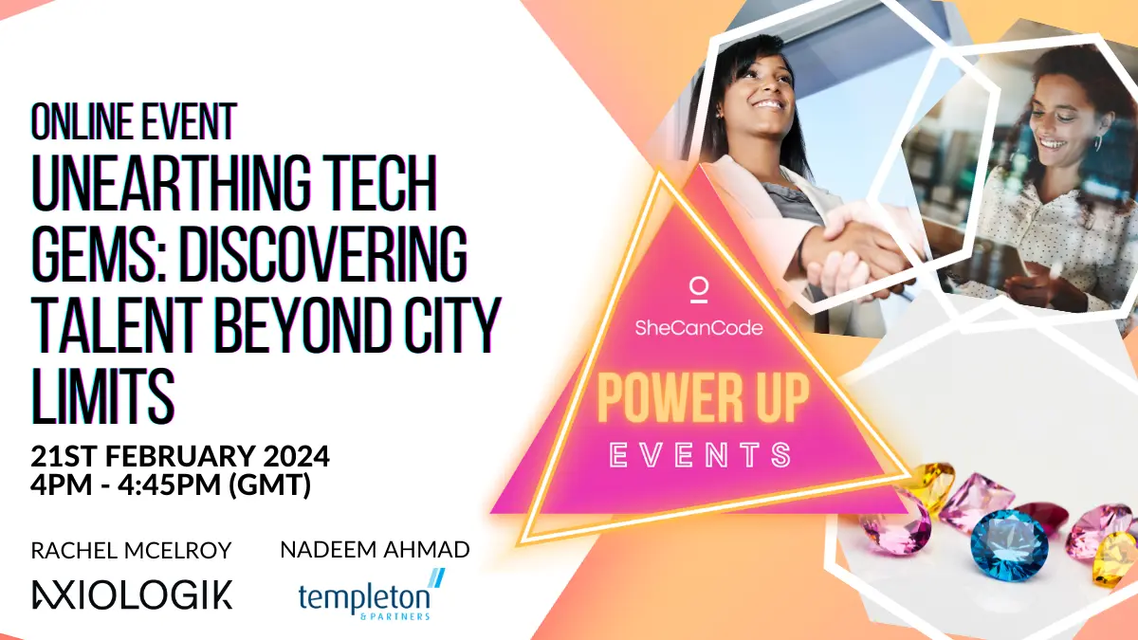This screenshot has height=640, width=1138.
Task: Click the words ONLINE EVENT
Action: [134, 121]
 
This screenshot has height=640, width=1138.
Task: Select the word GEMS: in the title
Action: [100, 253]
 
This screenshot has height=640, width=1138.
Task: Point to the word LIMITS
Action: [103, 395]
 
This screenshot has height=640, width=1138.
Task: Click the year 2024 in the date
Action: [296, 456]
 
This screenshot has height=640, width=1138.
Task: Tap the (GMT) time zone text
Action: [269, 485]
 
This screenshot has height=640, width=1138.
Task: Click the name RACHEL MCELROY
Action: [131, 550]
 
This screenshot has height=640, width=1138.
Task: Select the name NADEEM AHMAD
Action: [375, 550]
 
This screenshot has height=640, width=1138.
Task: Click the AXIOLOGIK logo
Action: [132, 594]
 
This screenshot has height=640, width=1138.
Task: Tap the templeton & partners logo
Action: [371, 595]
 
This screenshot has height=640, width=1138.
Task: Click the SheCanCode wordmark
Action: [699, 328]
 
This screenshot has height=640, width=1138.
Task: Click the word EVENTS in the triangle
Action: [701, 454]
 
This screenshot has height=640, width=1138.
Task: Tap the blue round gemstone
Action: [1009, 546]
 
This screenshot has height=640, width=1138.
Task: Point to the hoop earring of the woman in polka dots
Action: [1098, 143]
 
